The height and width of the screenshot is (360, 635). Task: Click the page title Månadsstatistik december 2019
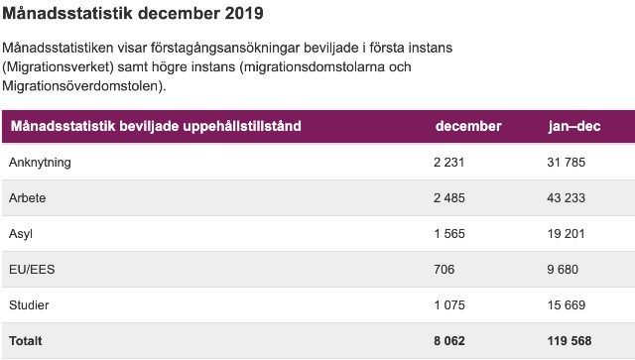click(x=133, y=15)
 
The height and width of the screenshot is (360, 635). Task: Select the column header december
click(x=468, y=126)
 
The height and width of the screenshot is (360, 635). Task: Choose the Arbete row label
click(x=27, y=197)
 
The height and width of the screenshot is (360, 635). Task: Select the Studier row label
click(x=29, y=304)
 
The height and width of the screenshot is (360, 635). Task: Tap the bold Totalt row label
click(x=26, y=340)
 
